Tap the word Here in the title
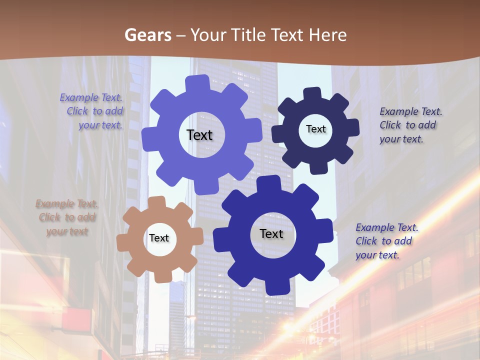[x=327, y=35]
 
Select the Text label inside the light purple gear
[x=199, y=135]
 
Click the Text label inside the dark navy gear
[x=315, y=129]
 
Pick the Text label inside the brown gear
[x=159, y=238]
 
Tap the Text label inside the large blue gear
[x=271, y=233]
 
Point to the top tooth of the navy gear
[x=313, y=94]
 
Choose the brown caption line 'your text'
[x=67, y=231]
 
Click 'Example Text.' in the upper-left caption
[x=91, y=98]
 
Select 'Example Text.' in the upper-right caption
[x=411, y=111]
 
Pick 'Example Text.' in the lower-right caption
[x=387, y=227]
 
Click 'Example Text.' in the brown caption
[x=67, y=203]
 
